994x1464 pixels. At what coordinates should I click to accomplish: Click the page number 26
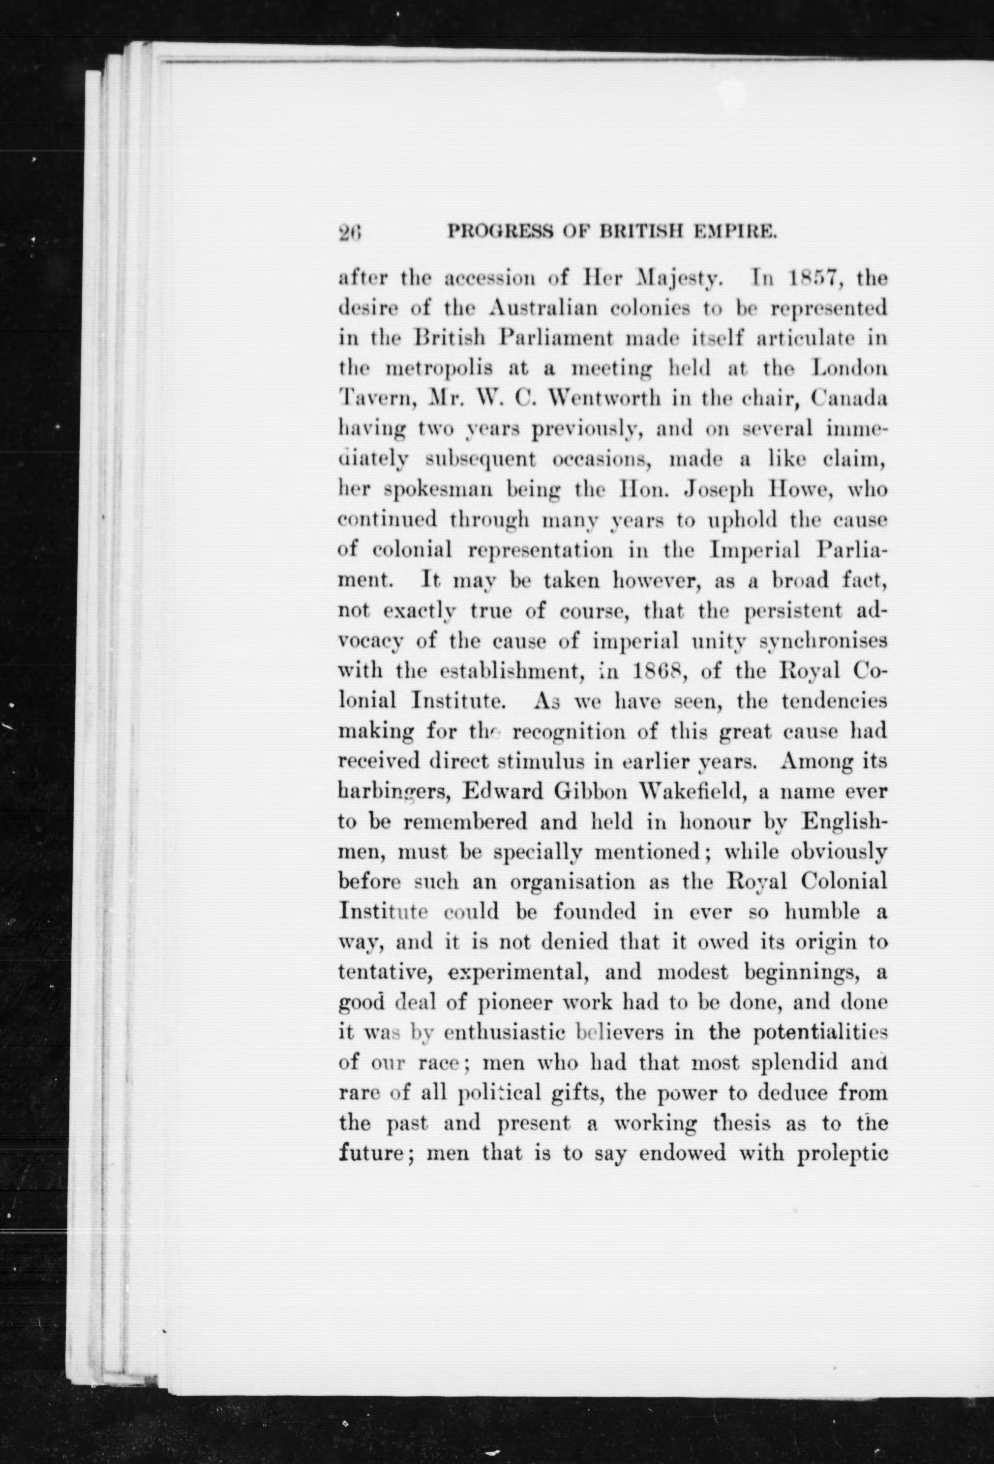348,233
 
